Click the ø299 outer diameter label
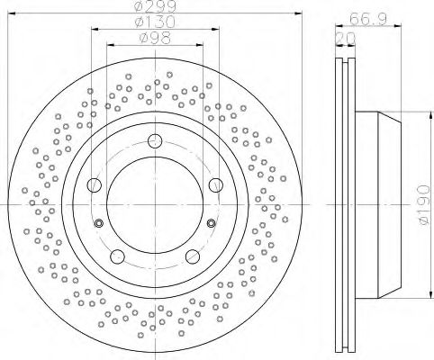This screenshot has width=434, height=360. pyautogui.click(x=154, y=7)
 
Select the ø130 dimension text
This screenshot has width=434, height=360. pyautogui.click(x=154, y=22)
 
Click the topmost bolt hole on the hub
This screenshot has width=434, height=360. pyautogui.click(x=155, y=140)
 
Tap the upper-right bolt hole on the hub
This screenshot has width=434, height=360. pyautogui.click(x=214, y=184)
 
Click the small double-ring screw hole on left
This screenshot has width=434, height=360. pyautogui.click(x=99, y=224)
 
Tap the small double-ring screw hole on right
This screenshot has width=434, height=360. pyautogui.click(x=211, y=224)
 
